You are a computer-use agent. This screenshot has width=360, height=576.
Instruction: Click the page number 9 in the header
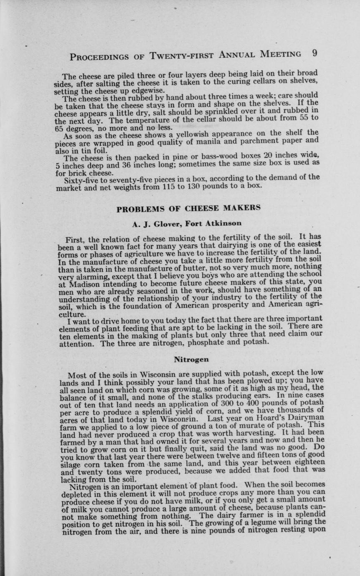pyautogui.click(x=314, y=54)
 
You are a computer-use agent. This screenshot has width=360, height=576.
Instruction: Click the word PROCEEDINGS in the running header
pyautogui.click(x=99, y=56)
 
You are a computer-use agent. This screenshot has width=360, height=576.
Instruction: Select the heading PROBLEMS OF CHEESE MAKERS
pyautogui.click(x=188, y=208)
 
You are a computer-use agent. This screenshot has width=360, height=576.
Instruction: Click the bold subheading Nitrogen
pyautogui.click(x=191, y=359)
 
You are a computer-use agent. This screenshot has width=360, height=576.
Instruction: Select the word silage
pyautogui.click(x=69, y=465)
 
